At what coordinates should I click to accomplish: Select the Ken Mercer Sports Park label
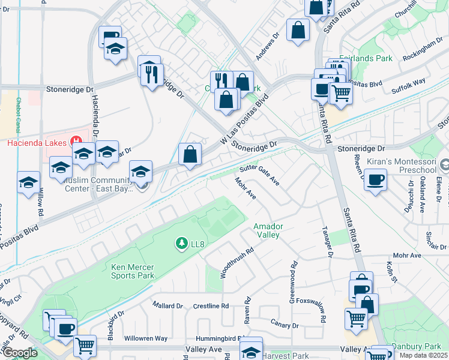pyautogui.click(x=133, y=271)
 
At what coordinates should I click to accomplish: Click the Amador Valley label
pyautogui.click(x=268, y=231)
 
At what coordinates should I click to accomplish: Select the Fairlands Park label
pyautogui.click(x=366, y=59)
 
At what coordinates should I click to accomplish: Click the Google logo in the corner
pyautogui.click(x=20, y=353)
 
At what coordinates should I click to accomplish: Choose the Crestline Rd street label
pyautogui.click(x=211, y=305)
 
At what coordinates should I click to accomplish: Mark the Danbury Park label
pyautogui.click(x=417, y=347)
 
